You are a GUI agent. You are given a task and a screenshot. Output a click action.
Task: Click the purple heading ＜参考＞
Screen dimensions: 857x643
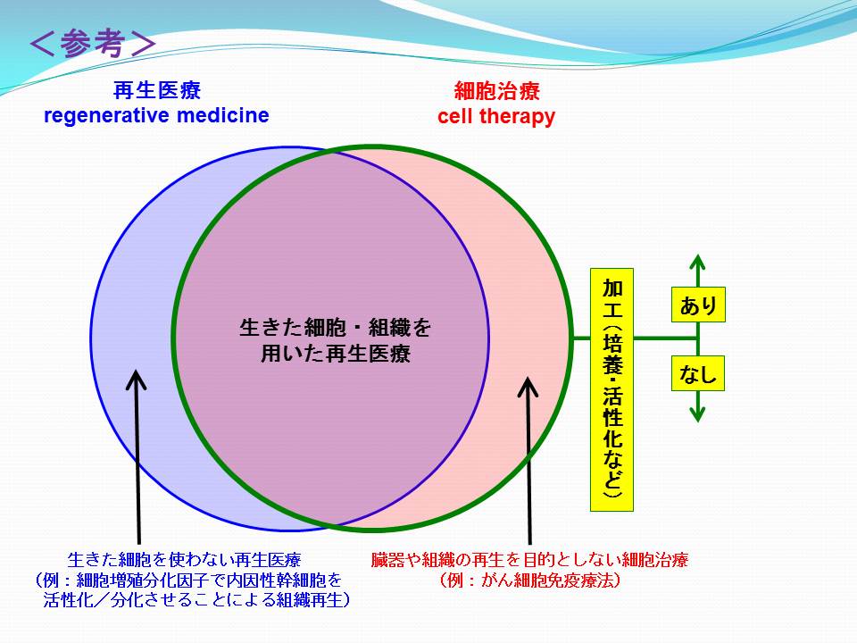[x=93, y=43]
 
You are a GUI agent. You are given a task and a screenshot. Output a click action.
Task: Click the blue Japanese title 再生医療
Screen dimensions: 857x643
[x=157, y=90]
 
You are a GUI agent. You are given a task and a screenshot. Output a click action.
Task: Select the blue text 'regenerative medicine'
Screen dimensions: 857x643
[x=156, y=116]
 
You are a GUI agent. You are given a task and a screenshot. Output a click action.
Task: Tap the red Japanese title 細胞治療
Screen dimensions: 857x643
[x=497, y=91]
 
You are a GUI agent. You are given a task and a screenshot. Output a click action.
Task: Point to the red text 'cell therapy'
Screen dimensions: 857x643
[x=496, y=117]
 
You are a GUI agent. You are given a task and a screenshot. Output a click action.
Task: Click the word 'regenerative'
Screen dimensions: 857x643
[x=107, y=116]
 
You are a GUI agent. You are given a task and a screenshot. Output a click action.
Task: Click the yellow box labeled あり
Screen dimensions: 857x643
[x=698, y=305]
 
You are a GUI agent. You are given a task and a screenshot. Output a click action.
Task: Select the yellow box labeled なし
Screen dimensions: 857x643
[x=698, y=373]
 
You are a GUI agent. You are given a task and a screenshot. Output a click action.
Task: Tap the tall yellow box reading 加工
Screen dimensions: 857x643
[x=612, y=389]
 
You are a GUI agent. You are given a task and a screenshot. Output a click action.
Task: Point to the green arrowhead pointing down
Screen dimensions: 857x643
[x=697, y=414]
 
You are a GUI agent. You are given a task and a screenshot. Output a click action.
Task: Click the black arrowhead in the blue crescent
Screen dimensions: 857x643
[x=136, y=380]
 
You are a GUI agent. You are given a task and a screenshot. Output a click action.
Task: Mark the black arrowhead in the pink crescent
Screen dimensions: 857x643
[x=528, y=387]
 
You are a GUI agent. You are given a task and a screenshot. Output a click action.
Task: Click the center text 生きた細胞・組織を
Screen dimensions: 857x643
[x=335, y=328]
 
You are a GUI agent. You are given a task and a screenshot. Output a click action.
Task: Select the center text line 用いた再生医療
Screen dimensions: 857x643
[x=335, y=354]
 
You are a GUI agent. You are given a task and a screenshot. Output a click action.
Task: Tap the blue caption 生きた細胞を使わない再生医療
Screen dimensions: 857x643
[x=184, y=560]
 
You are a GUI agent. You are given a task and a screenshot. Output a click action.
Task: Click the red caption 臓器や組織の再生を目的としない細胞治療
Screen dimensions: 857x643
[x=529, y=560]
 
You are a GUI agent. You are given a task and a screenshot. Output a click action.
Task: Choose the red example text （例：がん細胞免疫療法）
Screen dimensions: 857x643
[x=529, y=580]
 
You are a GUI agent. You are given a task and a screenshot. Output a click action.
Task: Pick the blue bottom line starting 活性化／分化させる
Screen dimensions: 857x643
[x=196, y=600]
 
